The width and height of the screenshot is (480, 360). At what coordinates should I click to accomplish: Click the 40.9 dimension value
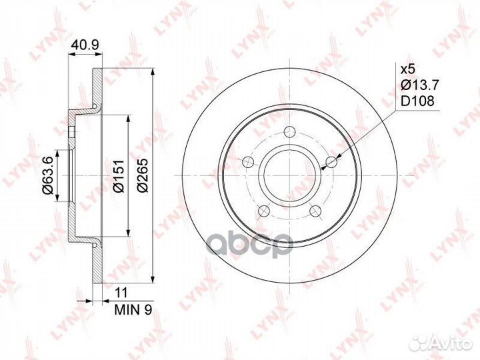(x=84, y=45)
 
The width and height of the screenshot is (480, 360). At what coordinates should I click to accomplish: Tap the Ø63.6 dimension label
(x=48, y=175)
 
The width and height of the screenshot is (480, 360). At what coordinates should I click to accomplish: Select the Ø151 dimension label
(x=118, y=175)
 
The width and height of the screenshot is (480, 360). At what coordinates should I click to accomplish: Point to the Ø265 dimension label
(x=143, y=175)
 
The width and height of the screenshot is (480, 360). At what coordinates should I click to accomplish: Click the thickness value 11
(x=121, y=293)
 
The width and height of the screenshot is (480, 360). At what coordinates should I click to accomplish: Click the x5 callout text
(x=407, y=69)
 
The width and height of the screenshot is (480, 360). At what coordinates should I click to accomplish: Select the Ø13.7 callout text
(x=420, y=85)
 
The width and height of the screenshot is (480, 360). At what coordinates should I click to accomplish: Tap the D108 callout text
(x=417, y=101)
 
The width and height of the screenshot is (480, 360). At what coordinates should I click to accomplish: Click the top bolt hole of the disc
(x=289, y=132)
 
